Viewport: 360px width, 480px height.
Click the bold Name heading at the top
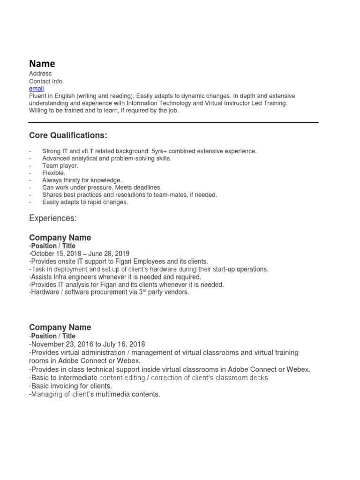pos(42,64)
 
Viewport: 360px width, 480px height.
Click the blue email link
pos(36,89)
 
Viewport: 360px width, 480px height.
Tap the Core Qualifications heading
pos(68,135)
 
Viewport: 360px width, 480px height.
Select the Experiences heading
pos(52,218)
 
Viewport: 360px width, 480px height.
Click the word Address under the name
pos(40,74)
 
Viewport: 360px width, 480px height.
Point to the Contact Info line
pos(45,81)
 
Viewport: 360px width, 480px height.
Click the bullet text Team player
pos(60,166)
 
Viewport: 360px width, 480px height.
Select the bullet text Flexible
pos(54,173)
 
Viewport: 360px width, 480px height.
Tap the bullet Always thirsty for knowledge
pos(82,180)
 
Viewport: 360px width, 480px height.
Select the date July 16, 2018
pos(124,344)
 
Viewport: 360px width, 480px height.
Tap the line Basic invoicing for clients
pos(71,386)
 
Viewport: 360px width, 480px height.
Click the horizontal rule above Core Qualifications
pos(173,123)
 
